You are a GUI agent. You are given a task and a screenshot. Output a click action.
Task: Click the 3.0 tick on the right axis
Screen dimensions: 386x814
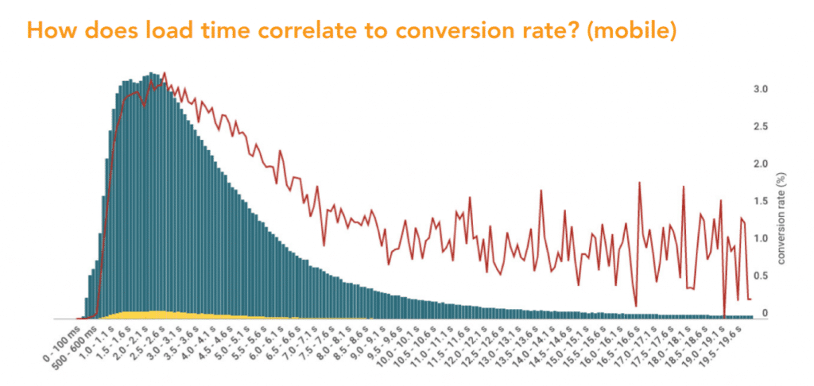click(x=761, y=89)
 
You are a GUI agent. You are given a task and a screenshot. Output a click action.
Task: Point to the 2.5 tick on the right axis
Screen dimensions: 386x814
click(x=761, y=126)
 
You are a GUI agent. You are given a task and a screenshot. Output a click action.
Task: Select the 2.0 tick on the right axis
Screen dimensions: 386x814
click(x=761, y=164)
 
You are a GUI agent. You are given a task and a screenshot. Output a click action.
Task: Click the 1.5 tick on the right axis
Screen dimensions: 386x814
click(x=761, y=201)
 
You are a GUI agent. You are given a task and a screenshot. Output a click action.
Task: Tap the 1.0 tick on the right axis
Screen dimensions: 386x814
click(x=761, y=238)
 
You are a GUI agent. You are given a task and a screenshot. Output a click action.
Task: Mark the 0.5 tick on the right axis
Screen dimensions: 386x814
click(x=761, y=276)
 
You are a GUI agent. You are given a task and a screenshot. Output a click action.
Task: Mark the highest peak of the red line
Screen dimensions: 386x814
click(x=165, y=73)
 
